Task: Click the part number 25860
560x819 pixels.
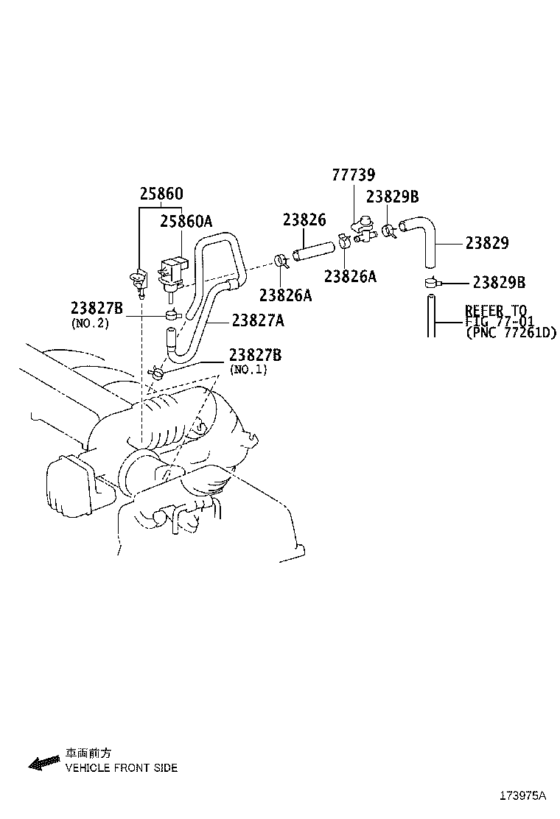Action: coord(161,194)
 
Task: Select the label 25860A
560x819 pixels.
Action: coord(186,220)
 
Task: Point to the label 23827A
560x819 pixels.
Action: coord(258,320)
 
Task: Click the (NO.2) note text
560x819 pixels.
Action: coord(90,323)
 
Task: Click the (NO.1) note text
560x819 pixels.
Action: coord(248,369)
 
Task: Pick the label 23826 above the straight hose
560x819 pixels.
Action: coord(304,219)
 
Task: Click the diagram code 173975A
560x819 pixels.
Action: coord(522,796)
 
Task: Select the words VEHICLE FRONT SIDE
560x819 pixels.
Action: coord(122,768)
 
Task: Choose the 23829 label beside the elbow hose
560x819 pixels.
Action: coord(486,243)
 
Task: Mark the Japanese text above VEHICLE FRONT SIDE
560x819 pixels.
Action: coord(88,753)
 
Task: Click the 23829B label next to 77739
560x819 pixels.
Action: coord(392,197)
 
